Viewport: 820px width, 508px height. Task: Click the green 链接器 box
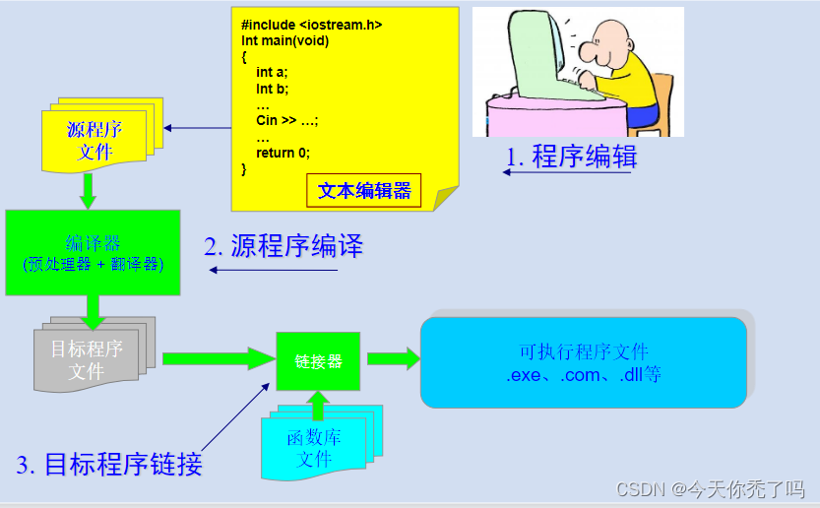click(318, 360)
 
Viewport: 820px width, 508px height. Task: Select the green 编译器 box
click(94, 252)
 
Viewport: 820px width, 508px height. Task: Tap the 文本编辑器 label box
click(364, 190)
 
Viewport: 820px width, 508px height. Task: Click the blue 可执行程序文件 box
click(584, 362)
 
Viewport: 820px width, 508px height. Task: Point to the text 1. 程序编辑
click(571, 157)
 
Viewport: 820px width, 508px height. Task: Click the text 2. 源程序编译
click(284, 246)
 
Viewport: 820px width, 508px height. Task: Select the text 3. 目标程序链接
click(109, 465)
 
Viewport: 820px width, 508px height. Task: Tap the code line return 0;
click(283, 153)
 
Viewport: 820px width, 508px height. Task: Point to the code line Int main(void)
click(285, 40)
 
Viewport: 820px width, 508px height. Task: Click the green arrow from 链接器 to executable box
click(393, 358)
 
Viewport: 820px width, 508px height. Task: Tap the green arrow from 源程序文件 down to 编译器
click(88, 189)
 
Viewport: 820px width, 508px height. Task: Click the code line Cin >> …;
click(286, 121)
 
